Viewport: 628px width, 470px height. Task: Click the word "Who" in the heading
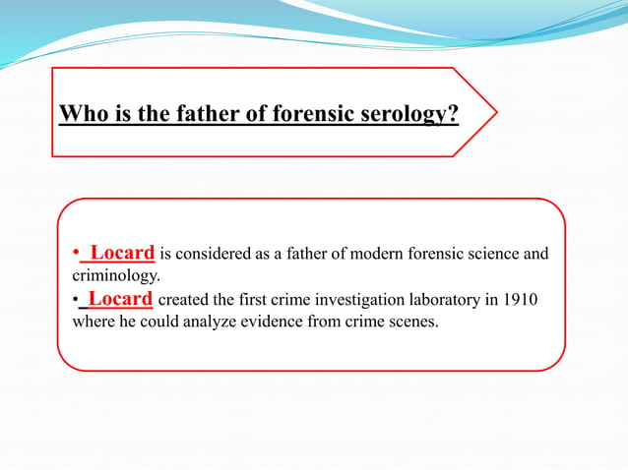[x=81, y=115]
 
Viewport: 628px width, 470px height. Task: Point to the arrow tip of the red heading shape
[x=496, y=111]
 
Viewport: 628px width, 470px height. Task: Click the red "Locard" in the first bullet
[x=121, y=255]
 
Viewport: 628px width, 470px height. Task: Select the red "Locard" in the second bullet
[x=119, y=299]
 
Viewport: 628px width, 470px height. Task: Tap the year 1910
[x=519, y=300]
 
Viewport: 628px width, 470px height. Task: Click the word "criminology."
[x=116, y=277]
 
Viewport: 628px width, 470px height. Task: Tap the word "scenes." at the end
[x=412, y=322]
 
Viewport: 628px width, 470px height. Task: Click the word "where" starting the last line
[x=94, y=322]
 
